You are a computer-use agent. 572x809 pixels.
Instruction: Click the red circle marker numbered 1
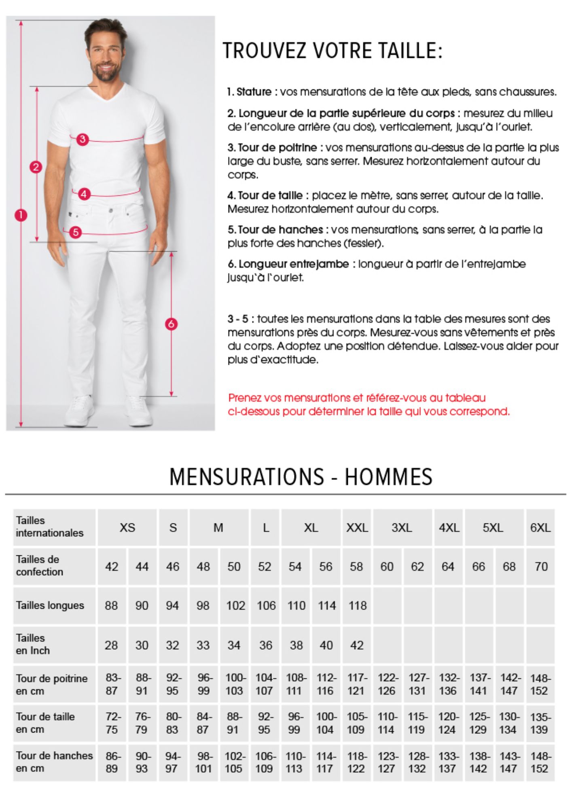click(21, 215)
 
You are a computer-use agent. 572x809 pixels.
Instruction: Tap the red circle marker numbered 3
click(83, 140)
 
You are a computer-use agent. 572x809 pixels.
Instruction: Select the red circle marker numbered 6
click(171, 324)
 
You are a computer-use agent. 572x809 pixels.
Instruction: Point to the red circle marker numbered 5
click(75, 232)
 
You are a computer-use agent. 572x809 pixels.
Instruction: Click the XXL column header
click(357, 528)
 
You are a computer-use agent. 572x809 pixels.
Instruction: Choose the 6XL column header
click(540, 528)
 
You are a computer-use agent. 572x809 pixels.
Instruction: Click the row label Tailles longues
click(50, 606)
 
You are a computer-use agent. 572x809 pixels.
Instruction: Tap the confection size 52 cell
click(265, 567)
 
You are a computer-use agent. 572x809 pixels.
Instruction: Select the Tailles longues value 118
click(357, 606)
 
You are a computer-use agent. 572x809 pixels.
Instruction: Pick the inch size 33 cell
click(203, 645)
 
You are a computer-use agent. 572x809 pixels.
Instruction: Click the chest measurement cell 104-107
click(265, 684)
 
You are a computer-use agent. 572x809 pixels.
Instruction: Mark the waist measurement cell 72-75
click(112, 723)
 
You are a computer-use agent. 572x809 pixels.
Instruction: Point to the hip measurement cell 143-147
click(509, 762)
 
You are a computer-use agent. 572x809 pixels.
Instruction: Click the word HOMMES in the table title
click(388, 477)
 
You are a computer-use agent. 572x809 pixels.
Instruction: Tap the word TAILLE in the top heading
click(407, 51)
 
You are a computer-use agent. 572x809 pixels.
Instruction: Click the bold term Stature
click(254, 92)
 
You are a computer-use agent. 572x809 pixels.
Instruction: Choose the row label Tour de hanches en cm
click(54, 762)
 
